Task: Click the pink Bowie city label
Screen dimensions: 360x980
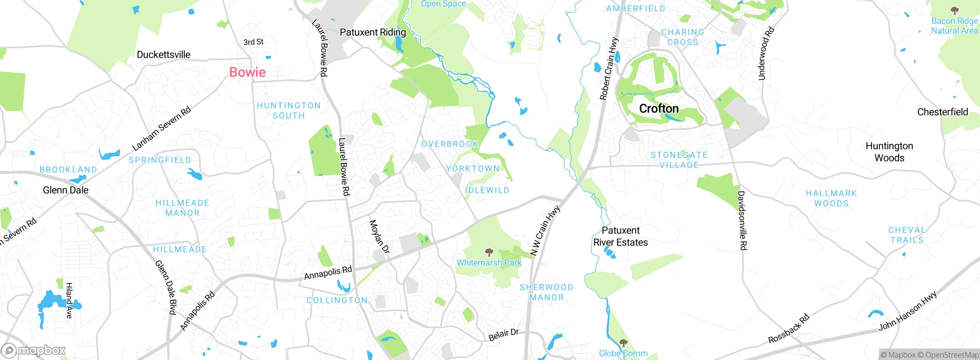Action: coord(247,72)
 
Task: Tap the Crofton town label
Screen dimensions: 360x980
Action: coord(659,109)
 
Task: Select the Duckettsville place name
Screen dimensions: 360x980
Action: coord(163,55)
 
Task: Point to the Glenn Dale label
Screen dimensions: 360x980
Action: coord(65,190)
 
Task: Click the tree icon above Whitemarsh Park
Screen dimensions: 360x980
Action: coord(489,252)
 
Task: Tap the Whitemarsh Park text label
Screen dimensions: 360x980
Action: coord(489,263)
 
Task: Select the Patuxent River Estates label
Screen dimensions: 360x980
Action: coord(621,236)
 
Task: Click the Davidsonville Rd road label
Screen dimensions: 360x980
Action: coord(742,221)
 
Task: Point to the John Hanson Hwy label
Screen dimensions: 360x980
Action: coord(908,311)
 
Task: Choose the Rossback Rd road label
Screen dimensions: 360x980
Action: coord(789,329)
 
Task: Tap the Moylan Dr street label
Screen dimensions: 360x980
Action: coord(379,237)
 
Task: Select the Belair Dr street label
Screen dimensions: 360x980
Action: coord(503,335)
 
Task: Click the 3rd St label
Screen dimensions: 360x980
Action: coord(253,42)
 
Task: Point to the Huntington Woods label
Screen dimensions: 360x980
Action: coord(889,152)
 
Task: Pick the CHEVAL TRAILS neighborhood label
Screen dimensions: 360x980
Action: coord(906,235)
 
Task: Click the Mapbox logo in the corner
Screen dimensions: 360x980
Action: coord(34,350)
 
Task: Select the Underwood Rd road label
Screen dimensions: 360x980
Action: coord(766,54)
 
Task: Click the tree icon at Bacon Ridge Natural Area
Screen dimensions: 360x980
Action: coord(955,10)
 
